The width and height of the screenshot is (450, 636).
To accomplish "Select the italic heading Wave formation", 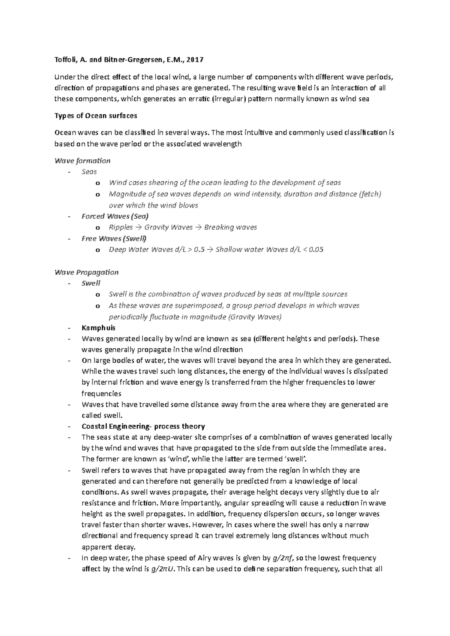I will click(82, 161).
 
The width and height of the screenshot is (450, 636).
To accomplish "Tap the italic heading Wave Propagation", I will click(87, 272).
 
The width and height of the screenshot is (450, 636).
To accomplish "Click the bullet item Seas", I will click(89, 172).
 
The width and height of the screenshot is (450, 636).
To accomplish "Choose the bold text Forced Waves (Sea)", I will click(115, 216).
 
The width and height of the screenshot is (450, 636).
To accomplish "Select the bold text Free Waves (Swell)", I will click(114, 239).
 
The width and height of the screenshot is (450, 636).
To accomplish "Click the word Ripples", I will click(121, 227).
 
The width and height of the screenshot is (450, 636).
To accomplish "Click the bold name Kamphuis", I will click(99, 328).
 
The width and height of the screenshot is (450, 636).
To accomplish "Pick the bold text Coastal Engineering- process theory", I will click(143, 426).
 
